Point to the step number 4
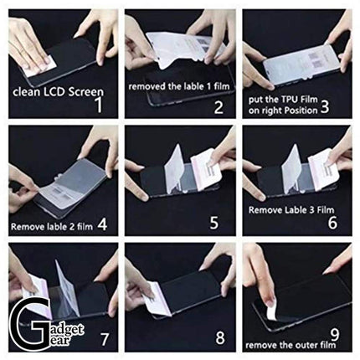(102, 224)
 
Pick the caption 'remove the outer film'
(289, 344)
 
